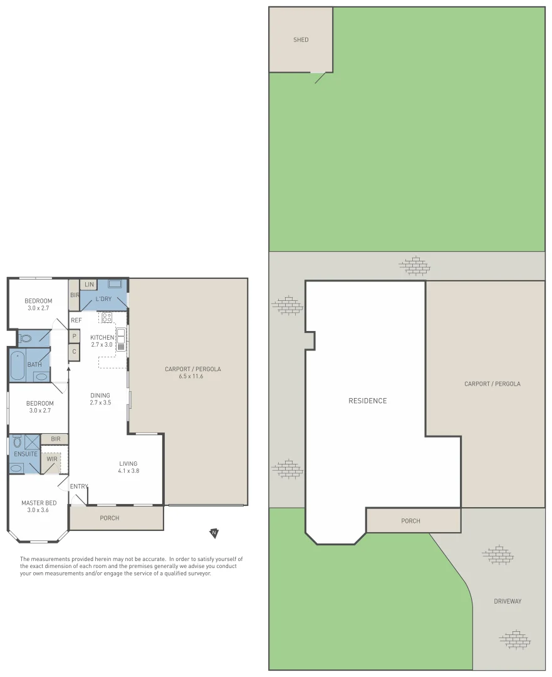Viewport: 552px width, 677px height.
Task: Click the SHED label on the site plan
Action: [301, 40]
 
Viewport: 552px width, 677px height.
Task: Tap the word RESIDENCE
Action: [368, 401]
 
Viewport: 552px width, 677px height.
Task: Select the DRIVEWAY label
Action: [507, 601]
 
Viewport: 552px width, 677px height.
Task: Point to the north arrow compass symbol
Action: [214, 533]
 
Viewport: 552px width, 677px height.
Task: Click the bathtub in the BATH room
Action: [18, 365]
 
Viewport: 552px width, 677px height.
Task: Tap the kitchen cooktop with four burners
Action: [107, 317]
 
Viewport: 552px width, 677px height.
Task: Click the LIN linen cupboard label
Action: [88, 285]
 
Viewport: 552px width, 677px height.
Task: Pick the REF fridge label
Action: [76, 320]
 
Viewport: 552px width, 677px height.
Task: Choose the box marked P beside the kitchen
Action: [74, 337]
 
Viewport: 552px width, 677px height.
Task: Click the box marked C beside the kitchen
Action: [74, 352]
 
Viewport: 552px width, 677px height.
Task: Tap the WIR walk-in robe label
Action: [52, 459]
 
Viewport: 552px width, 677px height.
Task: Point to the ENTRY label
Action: [79, 486]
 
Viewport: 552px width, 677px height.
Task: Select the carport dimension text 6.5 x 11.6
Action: [193, 377]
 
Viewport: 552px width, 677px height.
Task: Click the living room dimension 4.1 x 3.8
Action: [128, 471]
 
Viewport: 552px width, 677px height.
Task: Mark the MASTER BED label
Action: [39, 503]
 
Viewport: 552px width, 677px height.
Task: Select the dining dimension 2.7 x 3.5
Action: [100, 402]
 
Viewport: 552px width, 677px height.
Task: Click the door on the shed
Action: [320, 78]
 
